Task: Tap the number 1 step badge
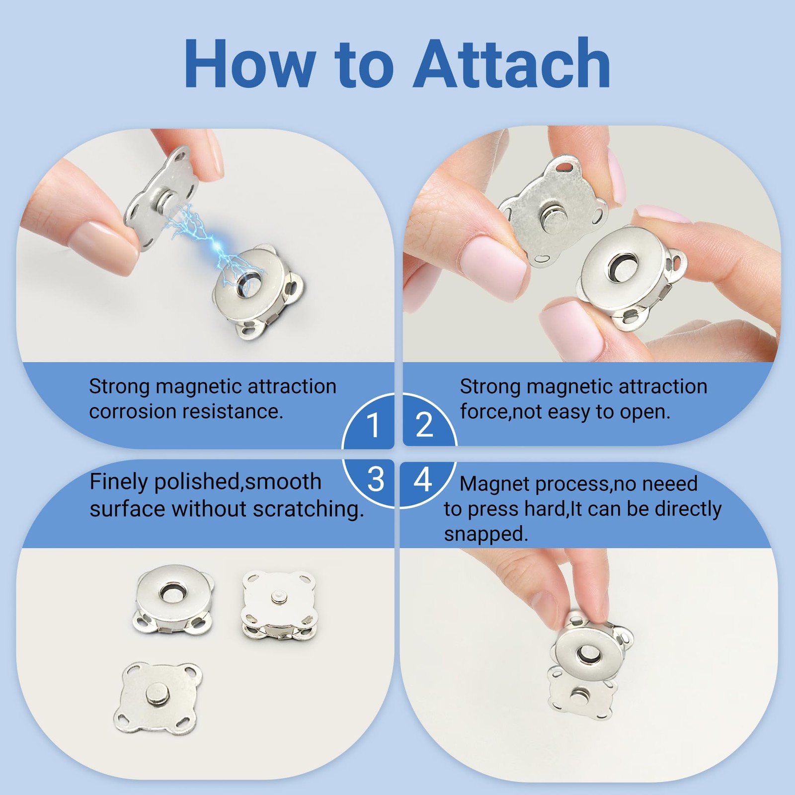click(x=373, y=425)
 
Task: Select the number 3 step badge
click(x=375, y=479)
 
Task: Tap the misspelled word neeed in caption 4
click(x=670, y=483)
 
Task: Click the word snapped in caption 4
click(x=485, y=535)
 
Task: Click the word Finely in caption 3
click(x=119, y=482)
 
